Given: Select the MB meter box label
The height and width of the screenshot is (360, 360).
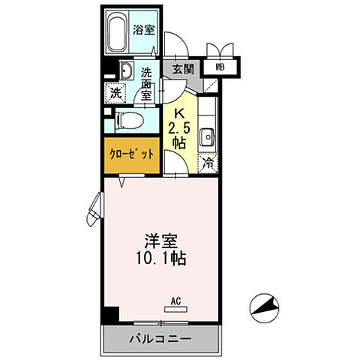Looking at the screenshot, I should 220,68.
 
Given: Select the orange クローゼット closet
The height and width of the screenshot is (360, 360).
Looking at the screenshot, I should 130,154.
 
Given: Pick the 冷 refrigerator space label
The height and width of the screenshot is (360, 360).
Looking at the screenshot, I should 207,161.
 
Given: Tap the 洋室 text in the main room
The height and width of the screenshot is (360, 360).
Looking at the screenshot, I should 162,243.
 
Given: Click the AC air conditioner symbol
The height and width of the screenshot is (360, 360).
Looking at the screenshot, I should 175,307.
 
